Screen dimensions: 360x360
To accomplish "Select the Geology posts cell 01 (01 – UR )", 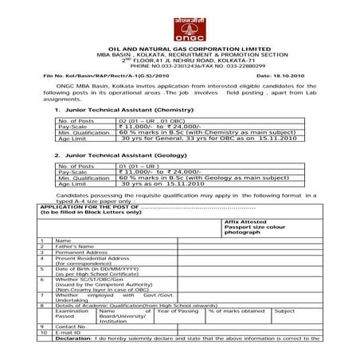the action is pyautogui.click(x=140, y=166).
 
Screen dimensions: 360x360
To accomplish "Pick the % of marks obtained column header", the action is pyautogui.click(x=236, y=311).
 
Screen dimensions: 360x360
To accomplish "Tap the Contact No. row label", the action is pyautogui.click(x=71, y=326).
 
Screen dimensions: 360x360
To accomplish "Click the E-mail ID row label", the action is pyautogui.click(x=68, y=332).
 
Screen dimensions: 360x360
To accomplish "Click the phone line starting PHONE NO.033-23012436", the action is pyautogui.click(x=179, y=67).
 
